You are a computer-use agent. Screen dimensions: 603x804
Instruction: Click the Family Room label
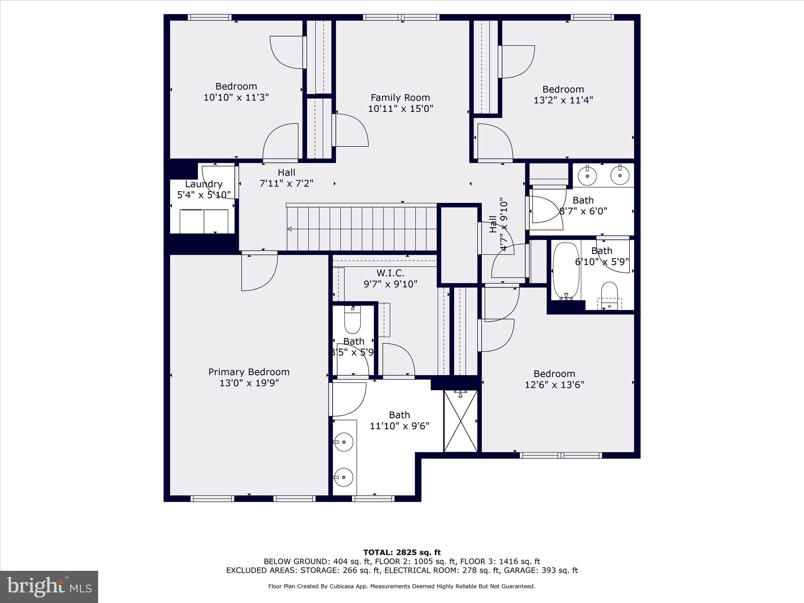[x=400, y=97]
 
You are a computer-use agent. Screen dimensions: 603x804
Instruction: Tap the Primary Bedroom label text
[x=249, y=372]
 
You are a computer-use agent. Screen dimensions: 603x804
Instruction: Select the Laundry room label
[x=203, y=184]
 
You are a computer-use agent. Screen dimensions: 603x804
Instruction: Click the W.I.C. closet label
[x=390, y=273]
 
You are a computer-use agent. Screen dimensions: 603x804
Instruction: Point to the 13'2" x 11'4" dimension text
[x=563, y=100]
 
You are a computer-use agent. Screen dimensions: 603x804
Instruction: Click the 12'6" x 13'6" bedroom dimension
[x=554, y=385]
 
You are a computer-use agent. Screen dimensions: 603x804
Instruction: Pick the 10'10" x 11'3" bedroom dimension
[x=236, y=97]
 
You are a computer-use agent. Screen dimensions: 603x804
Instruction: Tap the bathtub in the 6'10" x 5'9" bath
[x=566, y=271]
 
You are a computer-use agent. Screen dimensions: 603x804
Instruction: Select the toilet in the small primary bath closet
[x=352, y=320]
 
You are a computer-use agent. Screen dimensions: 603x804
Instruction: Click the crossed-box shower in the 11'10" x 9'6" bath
[x=460, y=421]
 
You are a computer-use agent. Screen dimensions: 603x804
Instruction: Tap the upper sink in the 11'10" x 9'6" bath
[x=344, y=442]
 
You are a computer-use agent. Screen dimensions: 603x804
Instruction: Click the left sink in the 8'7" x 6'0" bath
[x=588, y=176]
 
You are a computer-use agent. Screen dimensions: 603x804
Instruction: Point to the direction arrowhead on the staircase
[x=290, y=229]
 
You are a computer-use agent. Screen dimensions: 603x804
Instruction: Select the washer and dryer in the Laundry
[x=204, y=221]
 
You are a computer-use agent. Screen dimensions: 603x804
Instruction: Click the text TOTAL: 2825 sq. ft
[x=402, y=552]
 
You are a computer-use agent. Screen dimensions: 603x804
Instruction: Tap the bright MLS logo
[x=49, y=587]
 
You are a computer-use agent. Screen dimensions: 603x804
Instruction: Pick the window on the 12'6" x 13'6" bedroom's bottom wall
[x=561, y=455]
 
